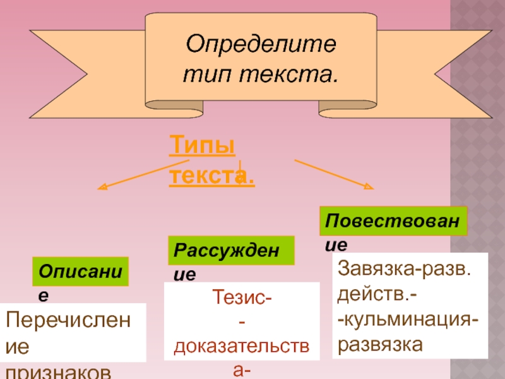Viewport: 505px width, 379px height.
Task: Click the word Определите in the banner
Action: (260, 45)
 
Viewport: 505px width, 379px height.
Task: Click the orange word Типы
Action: (202, 148)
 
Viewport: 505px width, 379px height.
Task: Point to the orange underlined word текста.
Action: (211, 175)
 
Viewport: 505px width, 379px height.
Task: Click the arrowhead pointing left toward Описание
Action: (102, 188)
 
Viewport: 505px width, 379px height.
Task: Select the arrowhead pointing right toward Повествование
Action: (369, 186)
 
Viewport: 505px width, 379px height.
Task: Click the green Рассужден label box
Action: (231, 250)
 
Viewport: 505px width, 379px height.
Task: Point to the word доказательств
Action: (242, 346)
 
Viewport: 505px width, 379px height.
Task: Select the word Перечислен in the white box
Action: (68, 321)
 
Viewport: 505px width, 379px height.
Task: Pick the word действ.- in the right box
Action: (372, 294)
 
